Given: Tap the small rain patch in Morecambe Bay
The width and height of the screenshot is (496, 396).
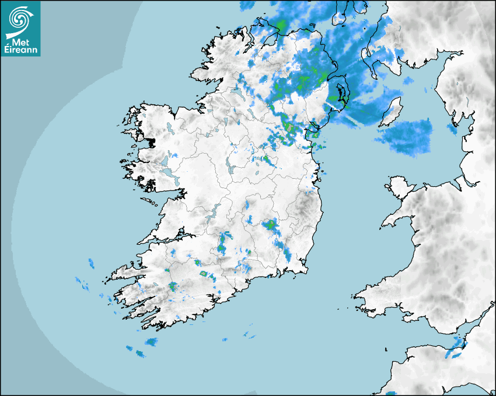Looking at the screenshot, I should (452, 129).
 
